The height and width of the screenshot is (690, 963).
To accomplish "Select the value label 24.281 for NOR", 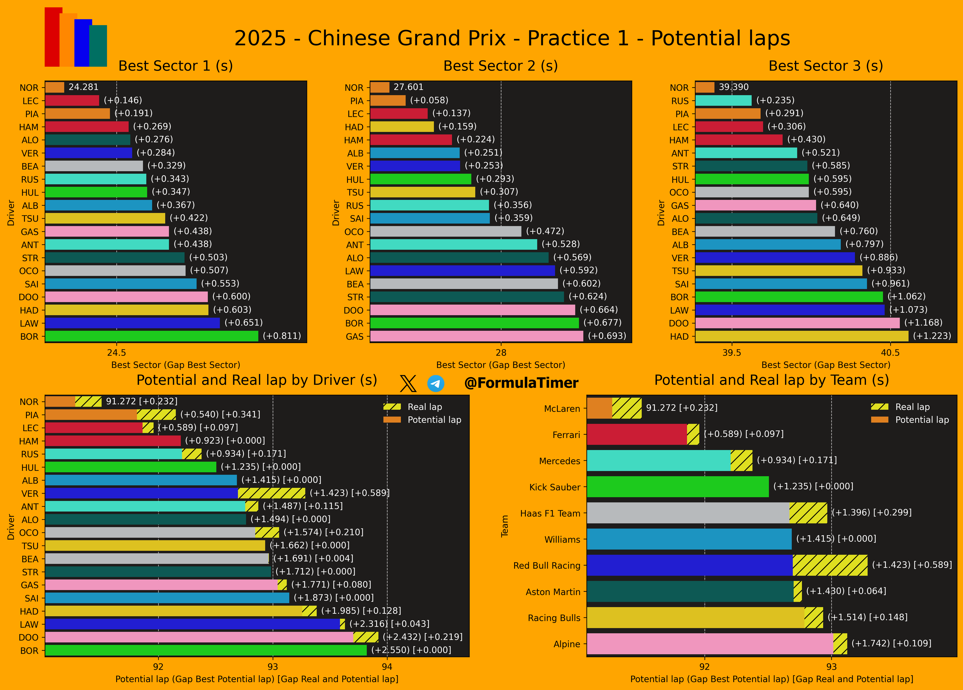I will click(84, 87).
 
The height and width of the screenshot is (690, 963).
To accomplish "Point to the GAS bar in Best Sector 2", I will click(476, 336).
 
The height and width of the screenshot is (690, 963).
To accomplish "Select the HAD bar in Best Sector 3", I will click(802, 336).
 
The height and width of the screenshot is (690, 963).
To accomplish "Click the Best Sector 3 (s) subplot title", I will click(825, 66).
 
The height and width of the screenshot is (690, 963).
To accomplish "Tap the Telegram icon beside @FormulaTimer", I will click(436, 383).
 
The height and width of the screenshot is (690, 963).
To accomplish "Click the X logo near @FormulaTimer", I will click(408, 383).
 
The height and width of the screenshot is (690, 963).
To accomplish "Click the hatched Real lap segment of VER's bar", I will click(272, 493).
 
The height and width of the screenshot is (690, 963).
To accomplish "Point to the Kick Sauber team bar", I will click(677, 487).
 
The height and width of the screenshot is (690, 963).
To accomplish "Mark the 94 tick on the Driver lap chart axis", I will click(387, 667).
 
